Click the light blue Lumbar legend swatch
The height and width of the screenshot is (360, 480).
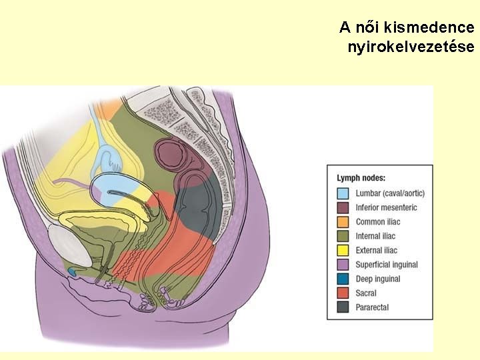pyautogui.click(x=342, y=193)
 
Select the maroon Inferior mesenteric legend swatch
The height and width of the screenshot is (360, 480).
pyautogui.click(x=342, y=207)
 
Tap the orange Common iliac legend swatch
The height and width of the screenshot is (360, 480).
pyautogui.click(x=342, y=222)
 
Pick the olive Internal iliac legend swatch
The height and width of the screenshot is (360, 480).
pyautogui.click(x=342, y=236)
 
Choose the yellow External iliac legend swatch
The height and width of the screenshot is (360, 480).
pyautogui.click(x=342, y=250)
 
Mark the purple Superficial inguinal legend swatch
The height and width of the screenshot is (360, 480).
pyautogui.click(x=342, y=265)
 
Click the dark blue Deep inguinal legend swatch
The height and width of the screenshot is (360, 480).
pyautogui.click(x=342, y=279)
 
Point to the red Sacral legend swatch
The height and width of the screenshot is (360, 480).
pyautogui.click(x=342, y=293)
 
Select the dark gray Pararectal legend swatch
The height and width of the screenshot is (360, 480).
pyautogui.click(x=342, y=307)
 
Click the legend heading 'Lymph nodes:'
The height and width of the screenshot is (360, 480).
pyautogui.click(x=361, y=178)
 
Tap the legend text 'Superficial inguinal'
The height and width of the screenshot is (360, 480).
pyautogui.click(x=387, y=265)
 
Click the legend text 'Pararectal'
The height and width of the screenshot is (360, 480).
pyautogui.click(x=372, y=307)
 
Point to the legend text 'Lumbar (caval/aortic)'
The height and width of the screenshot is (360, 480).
pyautogui.click(x=390, y=193)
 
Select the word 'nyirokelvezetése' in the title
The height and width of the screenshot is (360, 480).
pyautogui.click(x=411, y=47)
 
